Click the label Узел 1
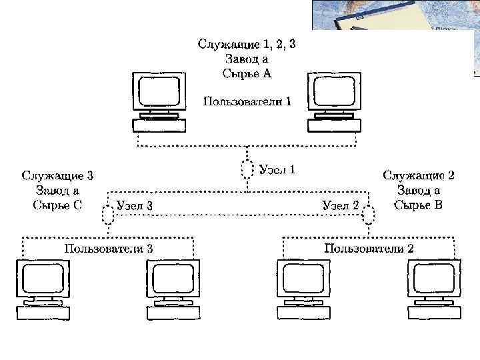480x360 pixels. pyautogui.click(x=277, y=169)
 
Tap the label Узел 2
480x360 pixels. pyautogui.click(x=339, y=205)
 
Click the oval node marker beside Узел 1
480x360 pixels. pyautogui.click(x=247, y=169)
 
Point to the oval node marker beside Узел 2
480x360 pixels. pyautogui.click(x=369, y=214)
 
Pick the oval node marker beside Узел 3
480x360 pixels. pyautogui.click(x=108, y=214)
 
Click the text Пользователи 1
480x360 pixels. pyautogui.click(x=247, y=101)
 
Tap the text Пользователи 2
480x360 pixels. pyautogui.click(x=369, y=249)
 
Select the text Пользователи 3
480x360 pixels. pyautogui.click(x=109, y=249)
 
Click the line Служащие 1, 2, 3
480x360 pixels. pyautogui.click(x=247, y=45)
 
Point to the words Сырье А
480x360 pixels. pyautogui.click(x=247, y=73)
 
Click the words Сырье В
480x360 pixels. pyautogui.click(x=418, y=205)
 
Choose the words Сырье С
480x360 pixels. pyautogui.click(x=57, y=205)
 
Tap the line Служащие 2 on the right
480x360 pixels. pyautogui.click(x=418, y=176)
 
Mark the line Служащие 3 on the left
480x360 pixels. pyautogui.click(x=57, y=176)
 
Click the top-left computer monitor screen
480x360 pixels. pyautogui.click(x=158, y=90)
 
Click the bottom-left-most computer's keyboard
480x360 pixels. pyautogui.click(x=41, y=311)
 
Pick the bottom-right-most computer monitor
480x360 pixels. pyautogui.click(x=433, y=278)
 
